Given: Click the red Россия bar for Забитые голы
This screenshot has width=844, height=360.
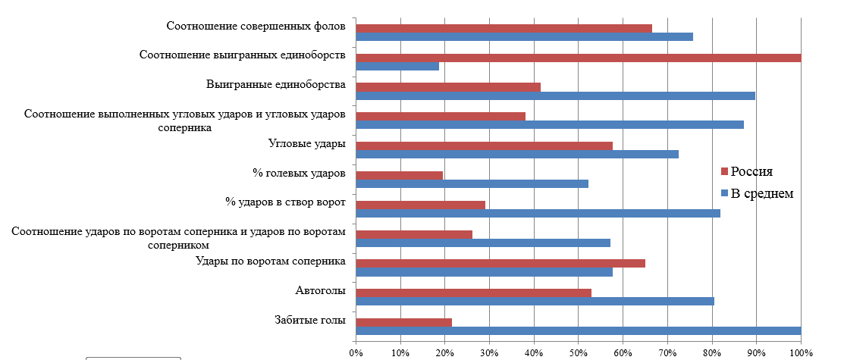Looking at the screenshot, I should (x=403, y=322).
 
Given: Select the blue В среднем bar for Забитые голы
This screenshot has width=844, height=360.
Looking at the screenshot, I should (x=578, y=330).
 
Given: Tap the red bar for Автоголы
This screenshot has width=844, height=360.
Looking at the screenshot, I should (x=473, y=293).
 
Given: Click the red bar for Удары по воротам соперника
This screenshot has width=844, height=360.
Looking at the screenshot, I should (x=500, y=263).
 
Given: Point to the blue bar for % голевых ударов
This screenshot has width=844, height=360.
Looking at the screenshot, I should (x=472, y=183).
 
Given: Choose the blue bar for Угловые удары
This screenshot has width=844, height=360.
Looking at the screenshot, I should (x=517, y=154).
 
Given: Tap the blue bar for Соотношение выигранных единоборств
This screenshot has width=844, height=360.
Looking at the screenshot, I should (x=397, y=66).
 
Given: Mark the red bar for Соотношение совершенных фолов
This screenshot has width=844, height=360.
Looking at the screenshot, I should (x=504, y=29).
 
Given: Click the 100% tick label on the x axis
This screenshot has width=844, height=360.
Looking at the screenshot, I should (x=801, y=353).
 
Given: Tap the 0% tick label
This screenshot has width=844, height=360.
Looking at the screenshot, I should (x=356, y=353).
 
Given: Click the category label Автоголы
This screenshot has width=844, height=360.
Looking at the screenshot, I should (x=320, y=290).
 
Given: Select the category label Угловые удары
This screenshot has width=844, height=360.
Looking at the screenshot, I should (x=307, y=143).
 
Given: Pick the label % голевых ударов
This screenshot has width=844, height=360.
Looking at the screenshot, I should (x=299, y=173).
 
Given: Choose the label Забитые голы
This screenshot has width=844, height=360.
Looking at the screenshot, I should (x=310, y=320).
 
